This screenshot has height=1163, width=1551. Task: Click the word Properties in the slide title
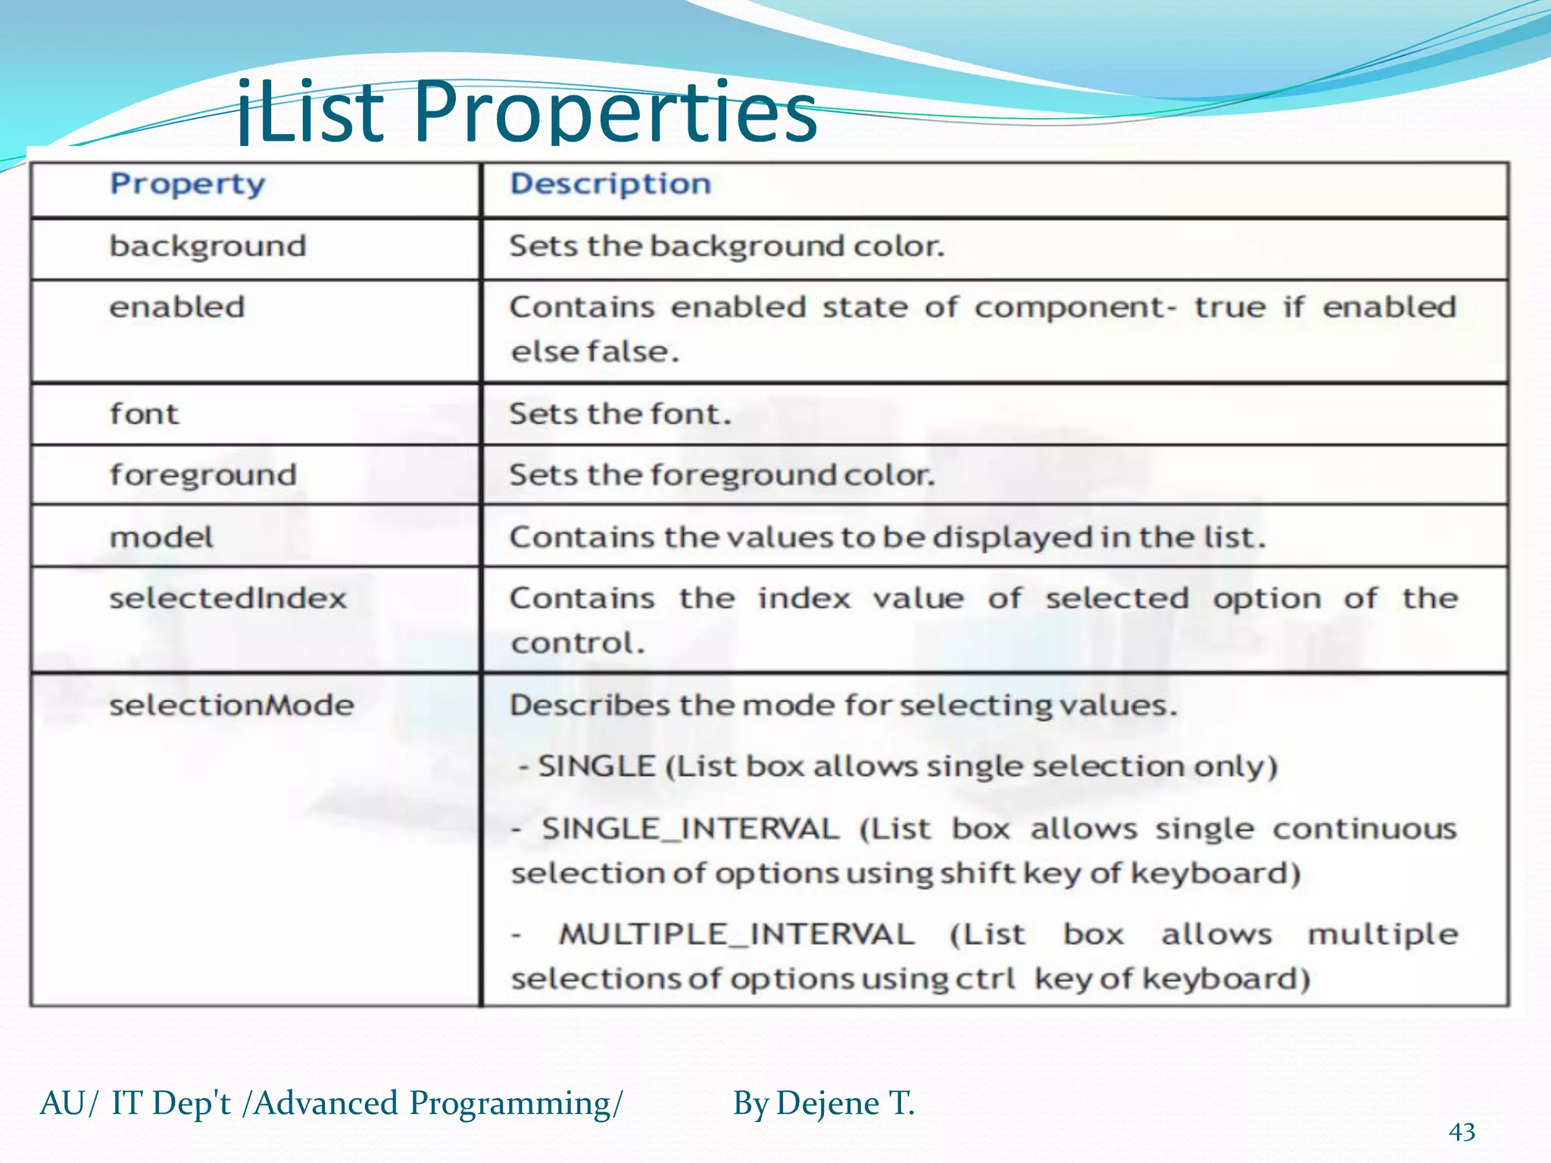615,114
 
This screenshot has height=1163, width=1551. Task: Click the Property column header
188,185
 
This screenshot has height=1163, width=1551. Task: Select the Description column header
610,184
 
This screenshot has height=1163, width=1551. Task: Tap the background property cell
208,247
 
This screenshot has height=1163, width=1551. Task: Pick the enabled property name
177,307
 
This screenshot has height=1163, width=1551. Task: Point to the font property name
144,414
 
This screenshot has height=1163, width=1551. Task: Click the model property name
161,538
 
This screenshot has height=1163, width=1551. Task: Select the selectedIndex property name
228,599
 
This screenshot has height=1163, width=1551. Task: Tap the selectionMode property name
232,706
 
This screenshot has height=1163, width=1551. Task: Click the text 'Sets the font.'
619,414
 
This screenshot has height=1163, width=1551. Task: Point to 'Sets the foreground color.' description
722,475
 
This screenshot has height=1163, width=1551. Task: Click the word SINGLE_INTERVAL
690,829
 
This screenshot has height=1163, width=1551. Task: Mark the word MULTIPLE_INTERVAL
736,934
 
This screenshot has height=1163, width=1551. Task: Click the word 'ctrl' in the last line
985,979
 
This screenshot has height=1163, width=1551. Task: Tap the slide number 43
1462,1132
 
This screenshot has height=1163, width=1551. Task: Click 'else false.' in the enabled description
594,352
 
